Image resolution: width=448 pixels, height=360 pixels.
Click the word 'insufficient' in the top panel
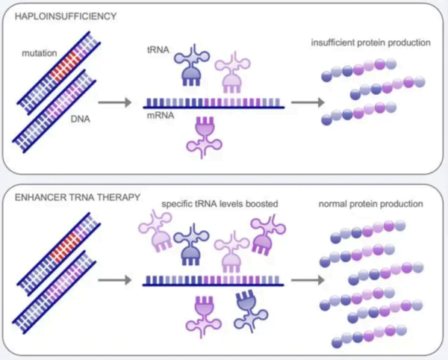pos(332,42)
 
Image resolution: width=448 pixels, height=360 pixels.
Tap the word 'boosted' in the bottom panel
pos(264,203)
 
